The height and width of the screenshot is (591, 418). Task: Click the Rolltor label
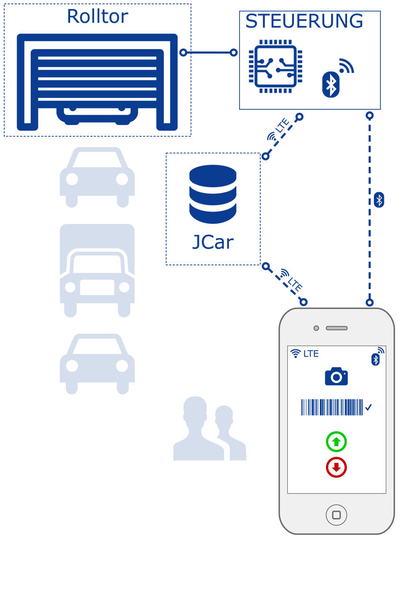[97, 17]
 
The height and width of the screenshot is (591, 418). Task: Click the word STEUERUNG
[304, 21]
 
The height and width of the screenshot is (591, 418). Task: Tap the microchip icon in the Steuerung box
[276, 66]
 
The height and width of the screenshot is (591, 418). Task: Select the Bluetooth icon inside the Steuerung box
[331, 85]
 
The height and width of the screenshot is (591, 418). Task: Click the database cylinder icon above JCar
[213, 194]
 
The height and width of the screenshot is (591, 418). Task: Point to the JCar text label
[213, 242]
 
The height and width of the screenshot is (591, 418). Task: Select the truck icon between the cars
[97, 270]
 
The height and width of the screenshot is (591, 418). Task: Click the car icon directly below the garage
[97, 177]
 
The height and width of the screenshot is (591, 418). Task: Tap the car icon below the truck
[97, 364]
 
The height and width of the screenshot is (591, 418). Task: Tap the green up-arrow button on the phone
[336, 442]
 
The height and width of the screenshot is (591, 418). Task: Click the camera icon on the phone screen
[336, 376]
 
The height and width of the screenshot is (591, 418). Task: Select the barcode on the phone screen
[331, 407]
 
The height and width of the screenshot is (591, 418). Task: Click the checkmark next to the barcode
[369, 407]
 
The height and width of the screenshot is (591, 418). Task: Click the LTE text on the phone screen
[311, 353]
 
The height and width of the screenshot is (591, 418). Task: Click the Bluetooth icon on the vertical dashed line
[379, 200]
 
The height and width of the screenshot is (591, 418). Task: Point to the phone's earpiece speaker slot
[337, 328]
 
